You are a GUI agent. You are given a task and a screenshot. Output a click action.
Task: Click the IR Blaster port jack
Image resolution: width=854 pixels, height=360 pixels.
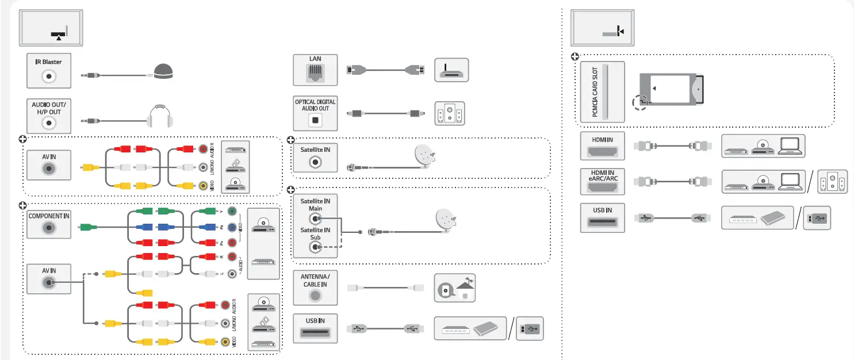tap(49, 75)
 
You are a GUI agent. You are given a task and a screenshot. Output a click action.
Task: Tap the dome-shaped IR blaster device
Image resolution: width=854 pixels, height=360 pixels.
tap(163, 71)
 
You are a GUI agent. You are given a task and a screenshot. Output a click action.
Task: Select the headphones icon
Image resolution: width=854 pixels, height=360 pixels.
tap(160, 116)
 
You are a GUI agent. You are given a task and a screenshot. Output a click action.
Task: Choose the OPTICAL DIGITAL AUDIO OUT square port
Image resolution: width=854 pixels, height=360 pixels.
tap(315, 120)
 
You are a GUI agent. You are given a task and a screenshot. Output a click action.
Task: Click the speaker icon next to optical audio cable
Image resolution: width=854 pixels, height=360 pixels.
tap(449, 114)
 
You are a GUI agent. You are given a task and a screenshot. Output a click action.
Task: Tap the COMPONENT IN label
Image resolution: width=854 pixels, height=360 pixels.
tap(49, 215)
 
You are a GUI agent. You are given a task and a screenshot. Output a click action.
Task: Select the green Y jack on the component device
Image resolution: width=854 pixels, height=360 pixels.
tap(232, 212)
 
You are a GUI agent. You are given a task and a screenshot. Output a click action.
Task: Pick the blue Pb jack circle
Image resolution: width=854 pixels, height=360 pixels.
tap(232, 227)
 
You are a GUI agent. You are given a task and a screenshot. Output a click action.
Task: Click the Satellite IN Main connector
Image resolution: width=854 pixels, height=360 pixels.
tap(315, 219)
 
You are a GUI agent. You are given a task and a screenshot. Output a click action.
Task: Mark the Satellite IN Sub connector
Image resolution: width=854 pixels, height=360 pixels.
tap(315, 248)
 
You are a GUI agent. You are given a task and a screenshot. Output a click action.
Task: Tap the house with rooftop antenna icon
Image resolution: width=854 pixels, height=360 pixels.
tap(454, 286)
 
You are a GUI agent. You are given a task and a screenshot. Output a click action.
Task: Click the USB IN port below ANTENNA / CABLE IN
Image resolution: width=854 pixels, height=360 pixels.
tap(315, 334)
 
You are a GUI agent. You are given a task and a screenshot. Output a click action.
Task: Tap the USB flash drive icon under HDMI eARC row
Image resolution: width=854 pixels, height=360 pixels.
tap(817, 219)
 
